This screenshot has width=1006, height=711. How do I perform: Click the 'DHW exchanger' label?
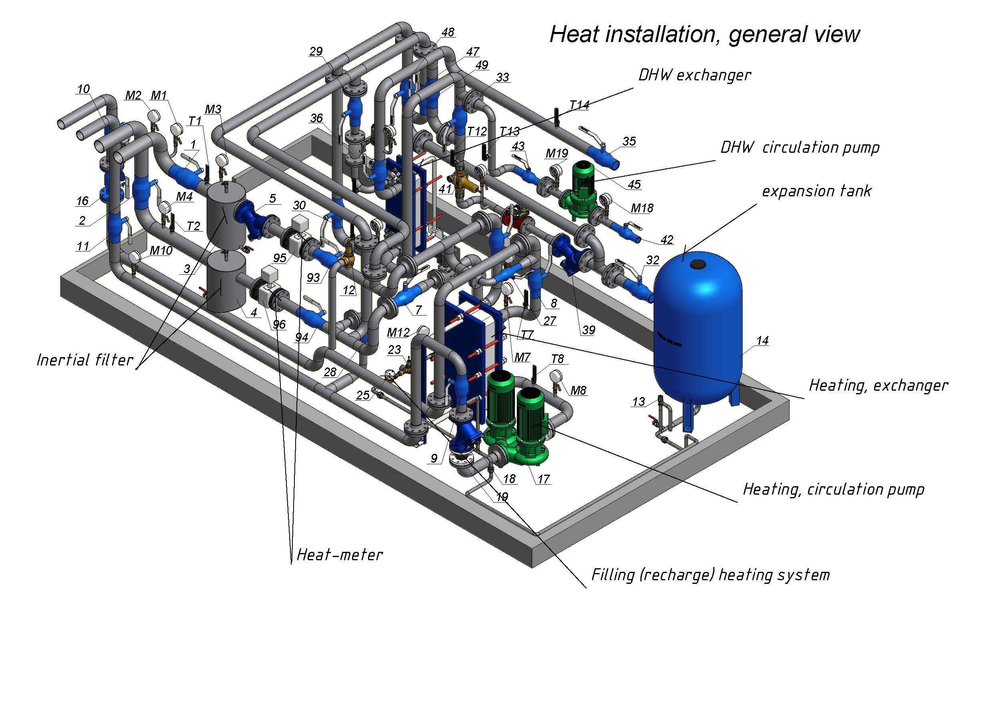pyautogui.click(x=694, y=75)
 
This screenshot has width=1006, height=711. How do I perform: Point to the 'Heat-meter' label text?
pyautogui.click(x=340, y=555)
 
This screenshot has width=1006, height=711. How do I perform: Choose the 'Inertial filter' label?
pyautogui.click(x=85, y=360)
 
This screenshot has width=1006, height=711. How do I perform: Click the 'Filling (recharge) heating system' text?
pyautogui.click(x=711, y=575)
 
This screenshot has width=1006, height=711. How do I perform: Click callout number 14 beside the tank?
pyautogui.click(x=762, y=340)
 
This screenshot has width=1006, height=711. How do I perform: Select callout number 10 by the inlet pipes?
pyautogui.click(x=83, y=89)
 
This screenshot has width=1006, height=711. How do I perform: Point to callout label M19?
pyautogui.click(x=556, y=153)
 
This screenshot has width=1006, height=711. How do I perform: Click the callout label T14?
pyautogui.click(x=579, y=105)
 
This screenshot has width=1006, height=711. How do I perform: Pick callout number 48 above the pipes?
pyautogui.click(x=448, y=32)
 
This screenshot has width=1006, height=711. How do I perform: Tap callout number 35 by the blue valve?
pyautogui.click(x=629, y=142)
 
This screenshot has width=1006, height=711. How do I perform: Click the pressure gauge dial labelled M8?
pyautogui.click(x=556, y=376)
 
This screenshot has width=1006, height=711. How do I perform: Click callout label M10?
pyautogui.click(x=161, y=251)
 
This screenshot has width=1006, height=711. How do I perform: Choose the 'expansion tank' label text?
pyautogui.click(x=817, y=191)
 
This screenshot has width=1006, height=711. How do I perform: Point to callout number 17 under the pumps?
pyautogui.click(x=543, y=479)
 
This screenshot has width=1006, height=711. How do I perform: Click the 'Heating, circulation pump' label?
pyautogui.click(x=834, y=489)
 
